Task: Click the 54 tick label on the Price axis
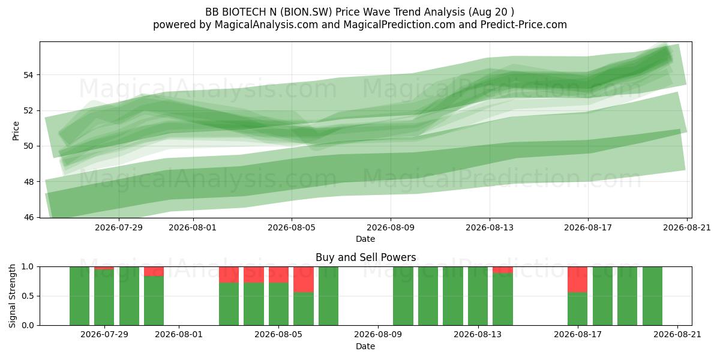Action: point(28,75)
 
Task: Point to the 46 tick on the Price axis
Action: point(28,218)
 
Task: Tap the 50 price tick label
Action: point(28,146)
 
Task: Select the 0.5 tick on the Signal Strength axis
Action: point(28,296)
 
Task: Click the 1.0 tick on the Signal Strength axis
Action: point(28,267)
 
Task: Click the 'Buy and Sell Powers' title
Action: point(366,257)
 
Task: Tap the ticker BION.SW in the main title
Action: point(307,12)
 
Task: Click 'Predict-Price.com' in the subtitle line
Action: point(524,25)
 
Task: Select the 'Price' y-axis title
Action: point(16,131)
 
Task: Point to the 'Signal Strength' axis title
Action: point(12,296)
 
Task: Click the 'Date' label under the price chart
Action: point(365,239)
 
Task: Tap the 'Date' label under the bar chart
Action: point(365,346)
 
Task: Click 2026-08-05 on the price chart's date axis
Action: point(292,227)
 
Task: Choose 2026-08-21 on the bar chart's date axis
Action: point(677,335)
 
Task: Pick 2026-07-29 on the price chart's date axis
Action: point(119,227)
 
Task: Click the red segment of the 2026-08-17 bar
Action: point(577,280)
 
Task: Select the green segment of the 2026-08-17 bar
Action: point(577,309)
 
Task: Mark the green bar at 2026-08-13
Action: point(478,296)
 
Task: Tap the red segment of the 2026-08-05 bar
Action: point(278,275)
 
